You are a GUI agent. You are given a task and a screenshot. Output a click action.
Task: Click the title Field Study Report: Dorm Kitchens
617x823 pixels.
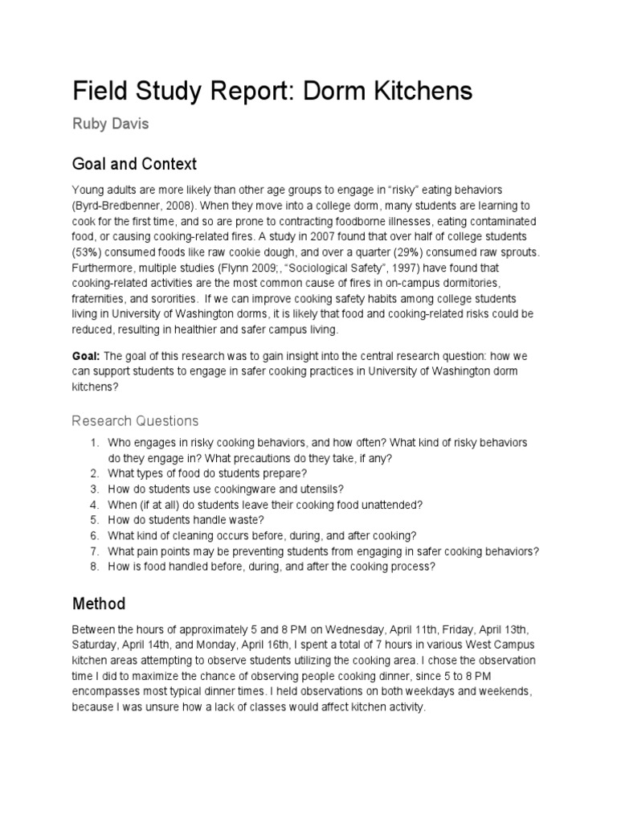click(x=272, y=92)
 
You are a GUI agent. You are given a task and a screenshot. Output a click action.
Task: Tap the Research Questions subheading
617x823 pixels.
click(x=135, y=420)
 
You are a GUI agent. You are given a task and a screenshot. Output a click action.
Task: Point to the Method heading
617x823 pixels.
click(x=99, y=603)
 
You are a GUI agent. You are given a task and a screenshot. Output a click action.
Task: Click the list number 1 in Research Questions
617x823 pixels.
click(x=94, y=443)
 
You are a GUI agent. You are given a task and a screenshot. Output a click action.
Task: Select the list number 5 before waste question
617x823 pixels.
click(x=94, y=520)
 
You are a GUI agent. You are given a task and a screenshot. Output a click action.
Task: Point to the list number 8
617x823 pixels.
click(x=94, y=567)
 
